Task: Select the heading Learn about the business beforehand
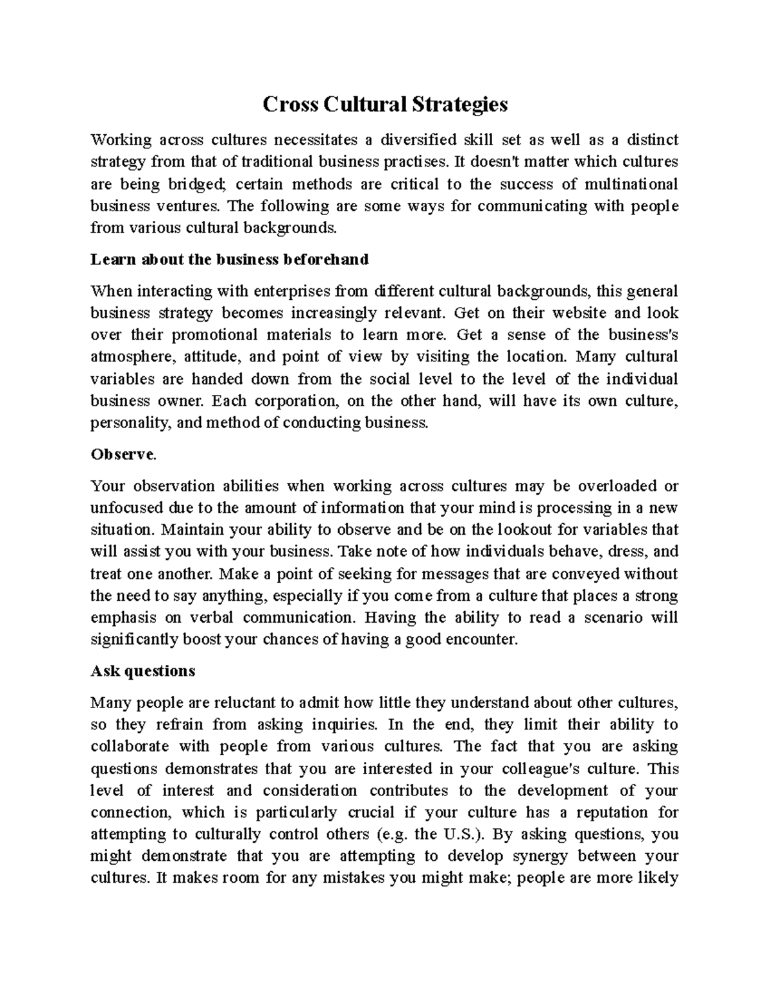coord(230,259)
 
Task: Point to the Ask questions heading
coord(142,671)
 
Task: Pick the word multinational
coord(631,184)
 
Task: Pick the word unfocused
coord(127,508)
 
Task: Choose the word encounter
coord(485,639)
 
